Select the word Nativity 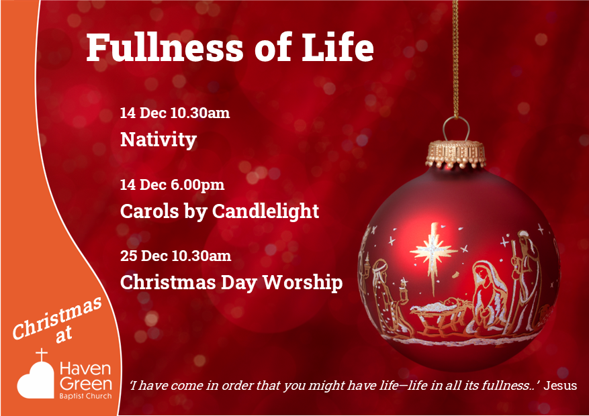click(x=158, y=140)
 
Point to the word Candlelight click(x=265, y=211)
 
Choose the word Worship click(x=302, y=282)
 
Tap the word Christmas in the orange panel click(x=58, y=318)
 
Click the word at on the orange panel click(x=63, y=335)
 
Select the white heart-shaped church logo click(x=36, y=379)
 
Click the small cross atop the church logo click(x=42, y=354)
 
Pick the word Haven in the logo click(x=85, y=369)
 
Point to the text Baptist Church click(x=85, y=396)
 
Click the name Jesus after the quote click(x=560, y=385)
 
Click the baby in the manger click(x=447, y=304)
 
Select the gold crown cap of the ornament click(x=455, y=154)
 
